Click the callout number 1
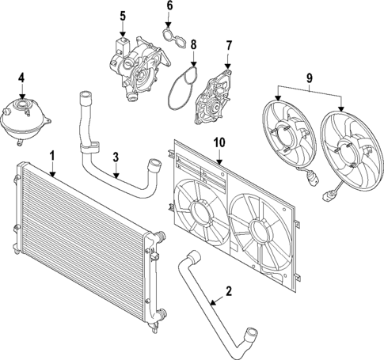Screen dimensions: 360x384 point(51,154)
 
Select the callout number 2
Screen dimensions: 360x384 point(228,291)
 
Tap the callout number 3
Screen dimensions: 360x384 point(116,157)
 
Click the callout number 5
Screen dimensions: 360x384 point(123,16)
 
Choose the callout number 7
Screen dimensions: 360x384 point(228,46)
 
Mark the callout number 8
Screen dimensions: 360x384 point(193,45)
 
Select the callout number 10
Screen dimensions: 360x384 point(218,142)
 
